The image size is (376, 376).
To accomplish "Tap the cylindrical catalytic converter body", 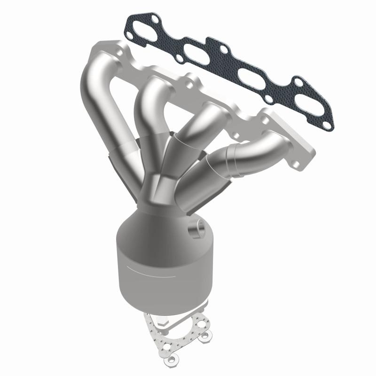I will point(155,263).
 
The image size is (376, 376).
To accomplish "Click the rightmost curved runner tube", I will point(254,150).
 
